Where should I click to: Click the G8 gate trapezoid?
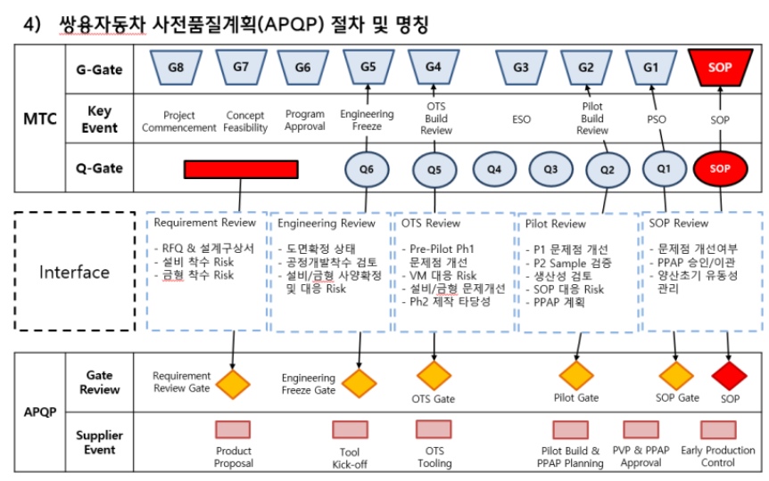point(176,67)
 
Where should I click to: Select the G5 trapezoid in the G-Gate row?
point(368,67)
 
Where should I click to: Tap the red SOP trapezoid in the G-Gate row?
point(720,67)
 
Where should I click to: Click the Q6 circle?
point(367,169)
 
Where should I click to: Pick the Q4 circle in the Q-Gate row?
point(494,169)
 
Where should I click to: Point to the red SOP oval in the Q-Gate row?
point(720,168)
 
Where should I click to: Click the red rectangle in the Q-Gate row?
point(241,169)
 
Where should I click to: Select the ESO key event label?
point(521,119)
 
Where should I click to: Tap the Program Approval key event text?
point(305,120)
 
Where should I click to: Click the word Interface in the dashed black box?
point(75,272)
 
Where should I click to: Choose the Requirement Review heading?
point(205,223)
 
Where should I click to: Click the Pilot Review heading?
point(556,224)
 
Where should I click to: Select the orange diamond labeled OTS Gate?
point(434,376)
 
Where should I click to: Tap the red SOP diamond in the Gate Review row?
point(729,376)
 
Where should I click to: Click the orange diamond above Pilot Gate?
point(576,376)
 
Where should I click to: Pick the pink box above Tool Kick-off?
point(351,429)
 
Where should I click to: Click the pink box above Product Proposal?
point(233,429)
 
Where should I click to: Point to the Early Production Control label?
point(718,457)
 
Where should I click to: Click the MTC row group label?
point(40,118)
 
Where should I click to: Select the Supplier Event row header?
point(100,443)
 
